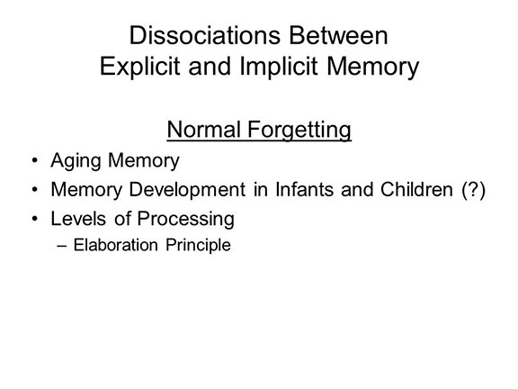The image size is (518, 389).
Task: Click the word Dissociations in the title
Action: [205, 35]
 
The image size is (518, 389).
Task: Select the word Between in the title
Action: [339, 35]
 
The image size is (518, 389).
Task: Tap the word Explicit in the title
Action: [139, 67]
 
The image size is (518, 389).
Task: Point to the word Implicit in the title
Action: [279, 67]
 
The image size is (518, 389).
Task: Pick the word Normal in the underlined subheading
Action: [203, 130]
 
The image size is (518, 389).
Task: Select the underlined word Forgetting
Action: [299, 131]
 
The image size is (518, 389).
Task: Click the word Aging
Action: [76, 161]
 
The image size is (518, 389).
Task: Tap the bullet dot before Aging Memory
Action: [35, 161]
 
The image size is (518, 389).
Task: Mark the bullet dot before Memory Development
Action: [35, 190]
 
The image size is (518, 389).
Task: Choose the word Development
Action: [187, 191]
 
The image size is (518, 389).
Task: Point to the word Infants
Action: [304, 190]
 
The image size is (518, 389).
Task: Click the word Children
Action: [416, 190]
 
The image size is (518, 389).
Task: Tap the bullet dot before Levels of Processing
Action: [35, 219]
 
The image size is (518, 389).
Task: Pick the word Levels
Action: [78, 219]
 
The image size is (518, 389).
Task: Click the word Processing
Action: [185, 220]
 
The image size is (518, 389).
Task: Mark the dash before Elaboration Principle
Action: [62, 246]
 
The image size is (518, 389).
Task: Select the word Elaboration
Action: [116, 245]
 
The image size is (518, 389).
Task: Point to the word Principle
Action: [198, 246]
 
